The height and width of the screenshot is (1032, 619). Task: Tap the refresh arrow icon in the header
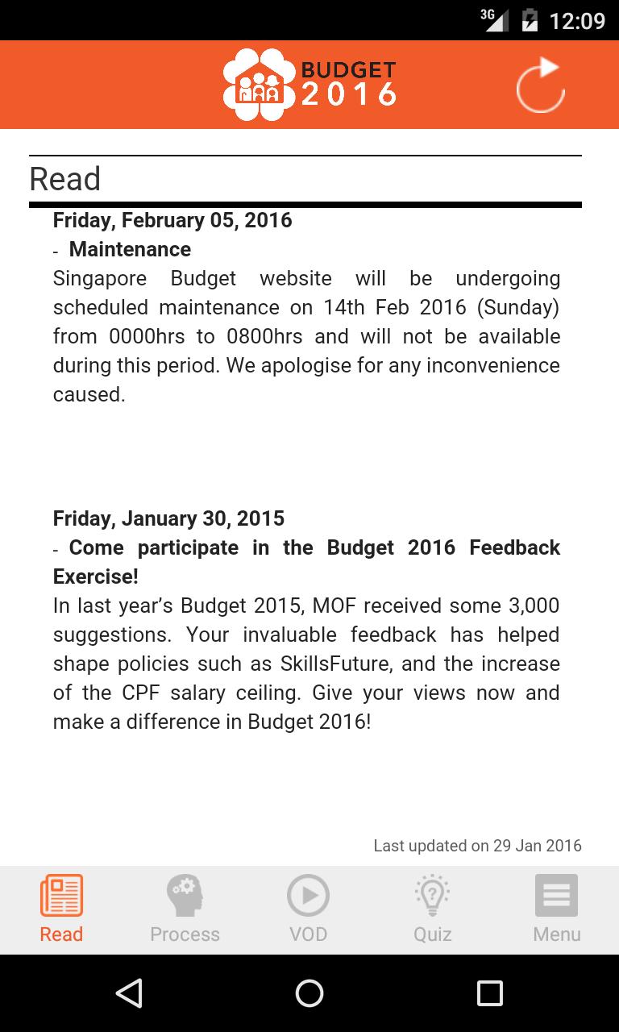pyautogui.click(x=541, y=85)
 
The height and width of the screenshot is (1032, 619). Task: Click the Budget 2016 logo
pyautogui.click(x=309, y=85)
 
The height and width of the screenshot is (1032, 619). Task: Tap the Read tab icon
pyautogui.click(x=61, y=896)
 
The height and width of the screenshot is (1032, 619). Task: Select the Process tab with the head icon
pyautogui.click(x=185, y=896)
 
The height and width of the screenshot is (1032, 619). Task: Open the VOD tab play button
pyautogui.click(x=308, y=896)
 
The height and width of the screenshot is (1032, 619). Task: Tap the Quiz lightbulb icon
pyautogui.click(x=432, y=896)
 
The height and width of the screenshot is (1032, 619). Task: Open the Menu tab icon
pyautogui.click(x=556, y=896)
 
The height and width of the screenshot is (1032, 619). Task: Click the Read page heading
pyautogui.click(x=65, y=179)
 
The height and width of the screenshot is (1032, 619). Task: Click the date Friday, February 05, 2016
pyautogui.click(x=172, y=220)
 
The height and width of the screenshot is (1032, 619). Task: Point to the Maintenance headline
pyautogui.click(x=130, y=249)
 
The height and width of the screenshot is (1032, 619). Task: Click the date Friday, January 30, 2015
pyautogui.click(x=168, y=518)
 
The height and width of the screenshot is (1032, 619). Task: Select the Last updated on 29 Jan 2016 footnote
pyautogui.click(x=477, y=846)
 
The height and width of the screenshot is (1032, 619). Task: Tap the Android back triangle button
pyautogui.click(x=129, y=993)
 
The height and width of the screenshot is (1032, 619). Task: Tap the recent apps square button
pyautogui.click(x=489, y=993)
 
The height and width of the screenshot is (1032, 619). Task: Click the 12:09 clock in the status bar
pyautogui.click(x=576, y=20)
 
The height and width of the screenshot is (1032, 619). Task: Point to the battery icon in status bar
pyautogui.click(x=530, y=20)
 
